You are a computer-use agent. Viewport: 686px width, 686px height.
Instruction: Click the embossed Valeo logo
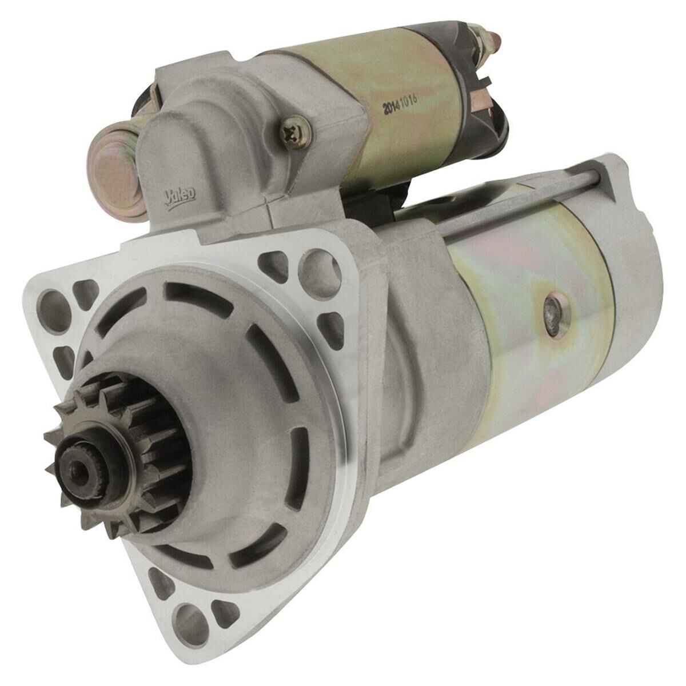tap(180, 196)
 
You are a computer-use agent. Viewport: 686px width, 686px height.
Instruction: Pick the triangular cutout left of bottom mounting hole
tap(159, 583)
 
